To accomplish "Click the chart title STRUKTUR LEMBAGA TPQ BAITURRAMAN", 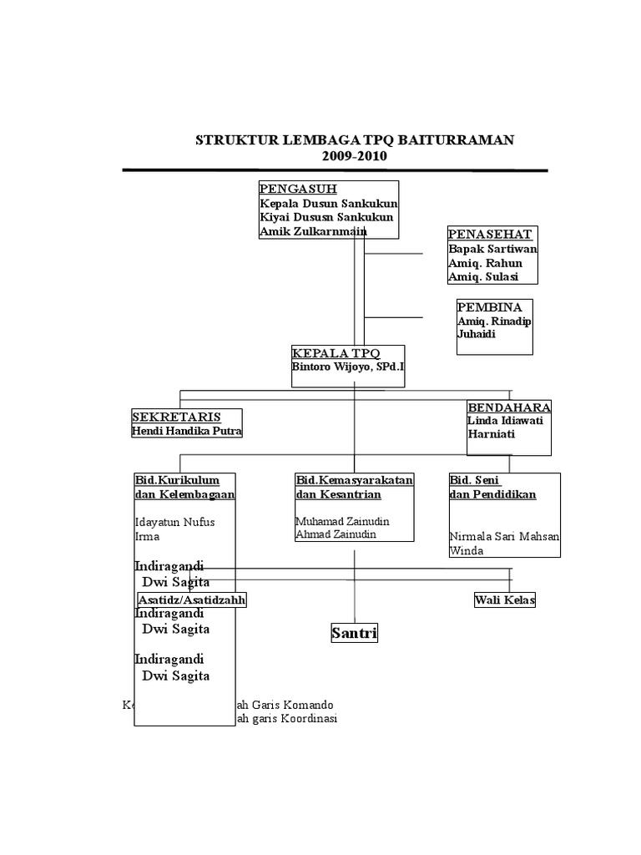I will tap(355, 139).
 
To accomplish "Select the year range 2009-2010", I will tap(355, 155).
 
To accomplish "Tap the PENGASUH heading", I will tap(297, 189).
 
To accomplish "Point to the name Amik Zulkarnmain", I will tap(313, 231).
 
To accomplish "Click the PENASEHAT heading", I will tap(489, 233).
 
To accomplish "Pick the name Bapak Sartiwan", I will tap(492, 249).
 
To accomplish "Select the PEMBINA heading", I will tap(489, 307).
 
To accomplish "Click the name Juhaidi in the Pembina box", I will tap(477, 334).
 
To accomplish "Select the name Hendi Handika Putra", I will tap(187, 431).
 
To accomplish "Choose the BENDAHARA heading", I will tap(509, 407).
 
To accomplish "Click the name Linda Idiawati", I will tap(505, 421).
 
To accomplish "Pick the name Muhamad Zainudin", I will tap(342, 521).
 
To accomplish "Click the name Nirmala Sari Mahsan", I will tap(504, 536).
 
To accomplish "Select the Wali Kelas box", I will tap(504, 600).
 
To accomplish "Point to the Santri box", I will tap(354, 634).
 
